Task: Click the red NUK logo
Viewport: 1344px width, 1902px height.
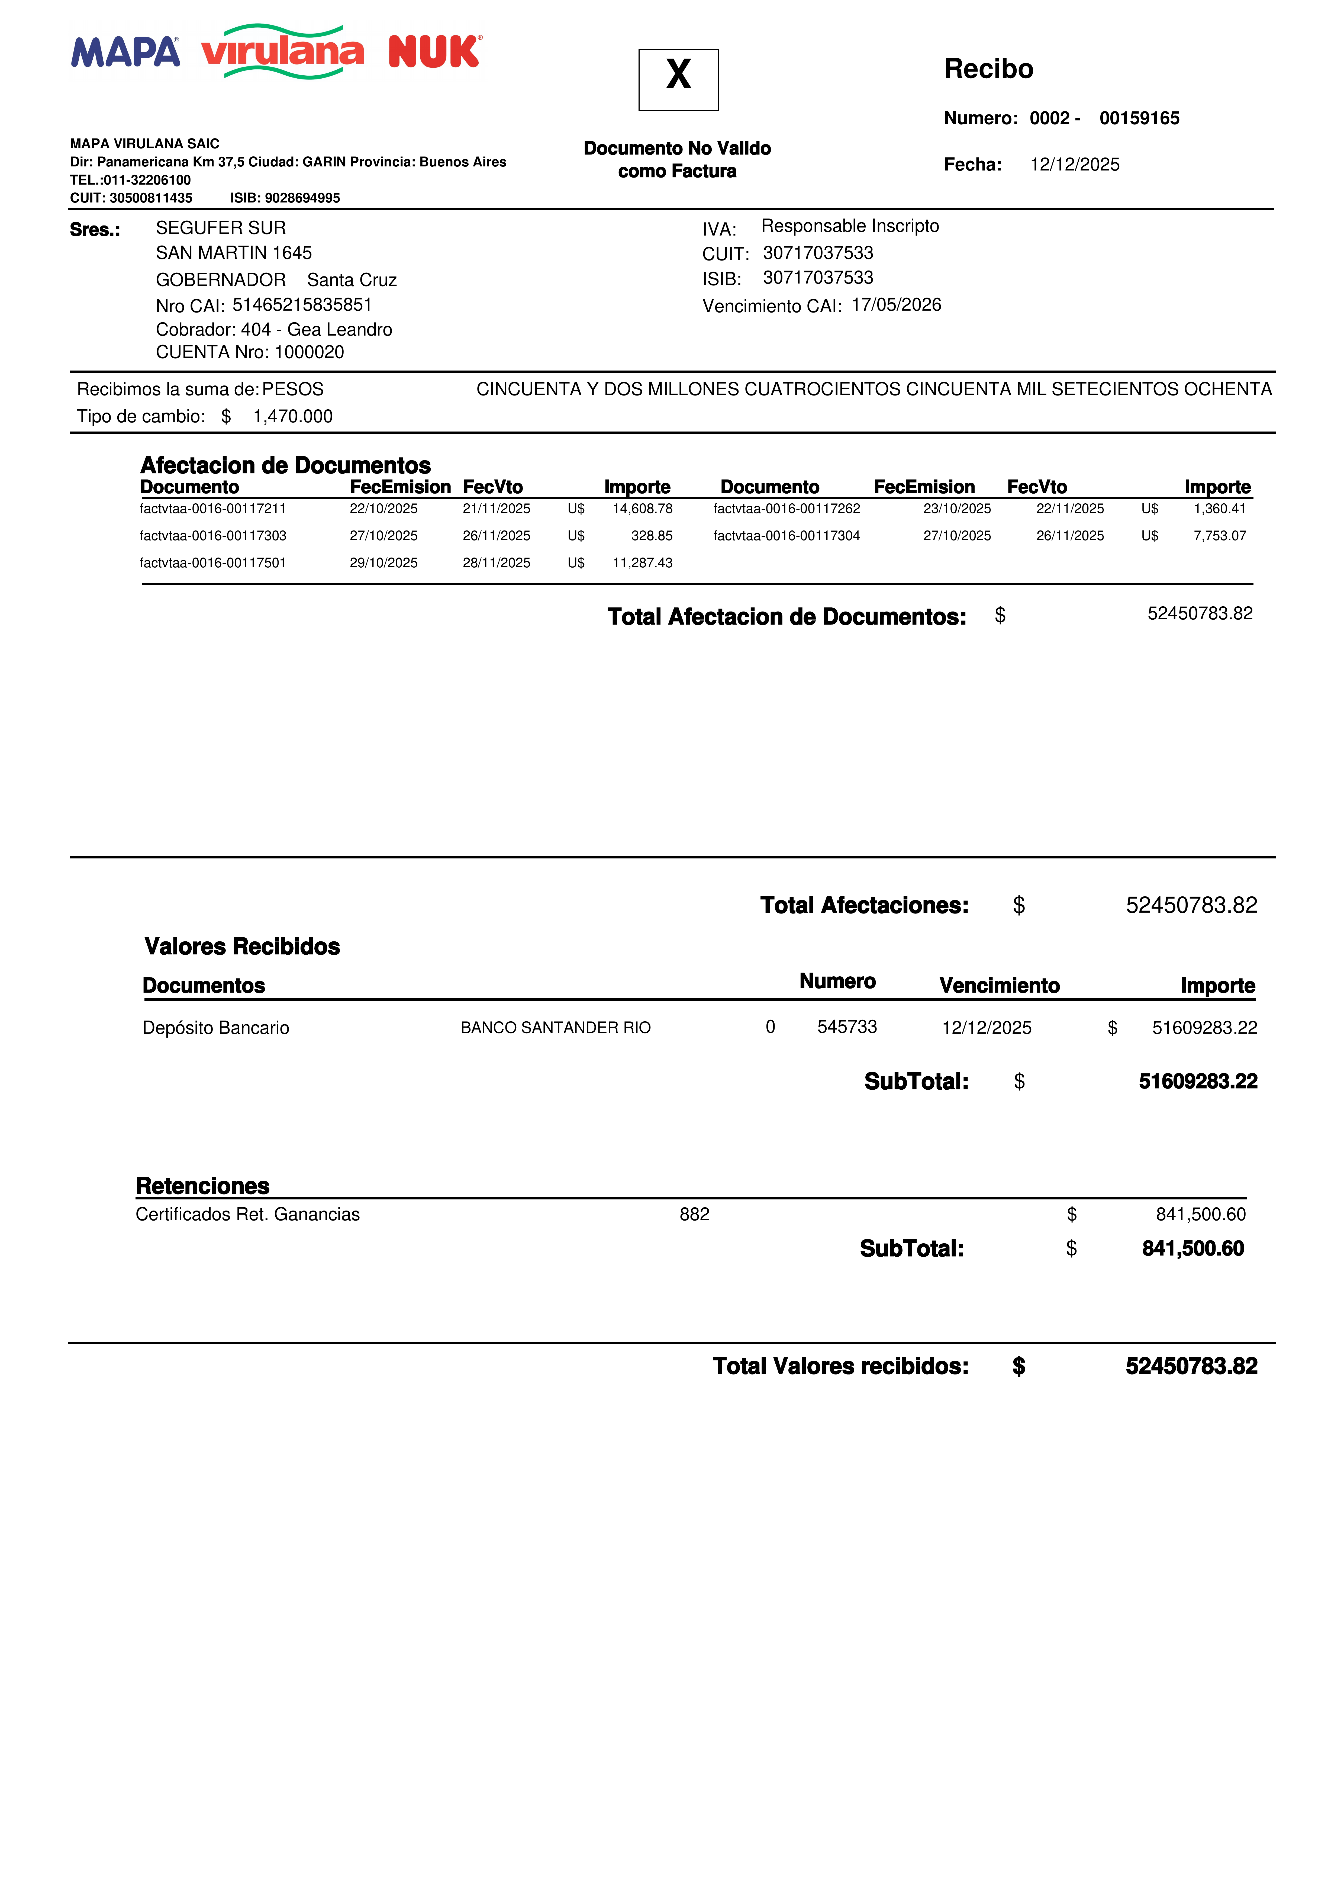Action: click(x=434, y=52)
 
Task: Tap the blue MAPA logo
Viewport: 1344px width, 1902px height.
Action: click(x=125, y=52)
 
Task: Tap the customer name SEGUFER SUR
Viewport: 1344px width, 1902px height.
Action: click(x=220, y=228)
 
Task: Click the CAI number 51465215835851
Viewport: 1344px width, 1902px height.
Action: click(x=302, y=305)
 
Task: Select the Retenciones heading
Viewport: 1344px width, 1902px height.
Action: click(x=203, y=1185)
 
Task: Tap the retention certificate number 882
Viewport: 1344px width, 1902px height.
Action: click(x=694, y=1214)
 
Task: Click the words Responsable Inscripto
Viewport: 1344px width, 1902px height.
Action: click(x=850, y=226)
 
